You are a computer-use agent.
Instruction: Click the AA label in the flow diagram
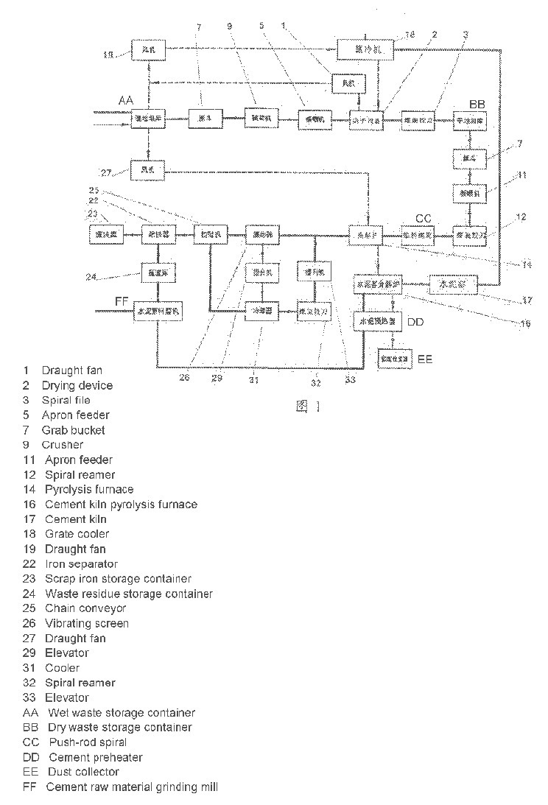tap(126, 100)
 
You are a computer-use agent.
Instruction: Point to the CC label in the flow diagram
tap(424, 218)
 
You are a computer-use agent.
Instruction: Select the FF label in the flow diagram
tap(122, 300)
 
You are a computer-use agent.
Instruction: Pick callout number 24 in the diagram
tap(91, 277)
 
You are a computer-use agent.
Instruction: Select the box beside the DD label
tap(378, 322)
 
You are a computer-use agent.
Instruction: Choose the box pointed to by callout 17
tap(453, 284)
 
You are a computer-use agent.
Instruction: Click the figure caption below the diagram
tap(308, 406)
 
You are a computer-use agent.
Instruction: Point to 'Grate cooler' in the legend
tap(77, 534)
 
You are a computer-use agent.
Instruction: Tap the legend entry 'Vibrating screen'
tap(87, 623)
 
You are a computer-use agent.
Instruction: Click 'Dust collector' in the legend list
tap(83, 772)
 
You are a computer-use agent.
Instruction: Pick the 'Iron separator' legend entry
tap(81, 563)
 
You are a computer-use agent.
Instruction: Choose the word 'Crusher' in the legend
tap(63, 445)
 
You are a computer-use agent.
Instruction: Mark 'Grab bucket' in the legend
tap(73, 430)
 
